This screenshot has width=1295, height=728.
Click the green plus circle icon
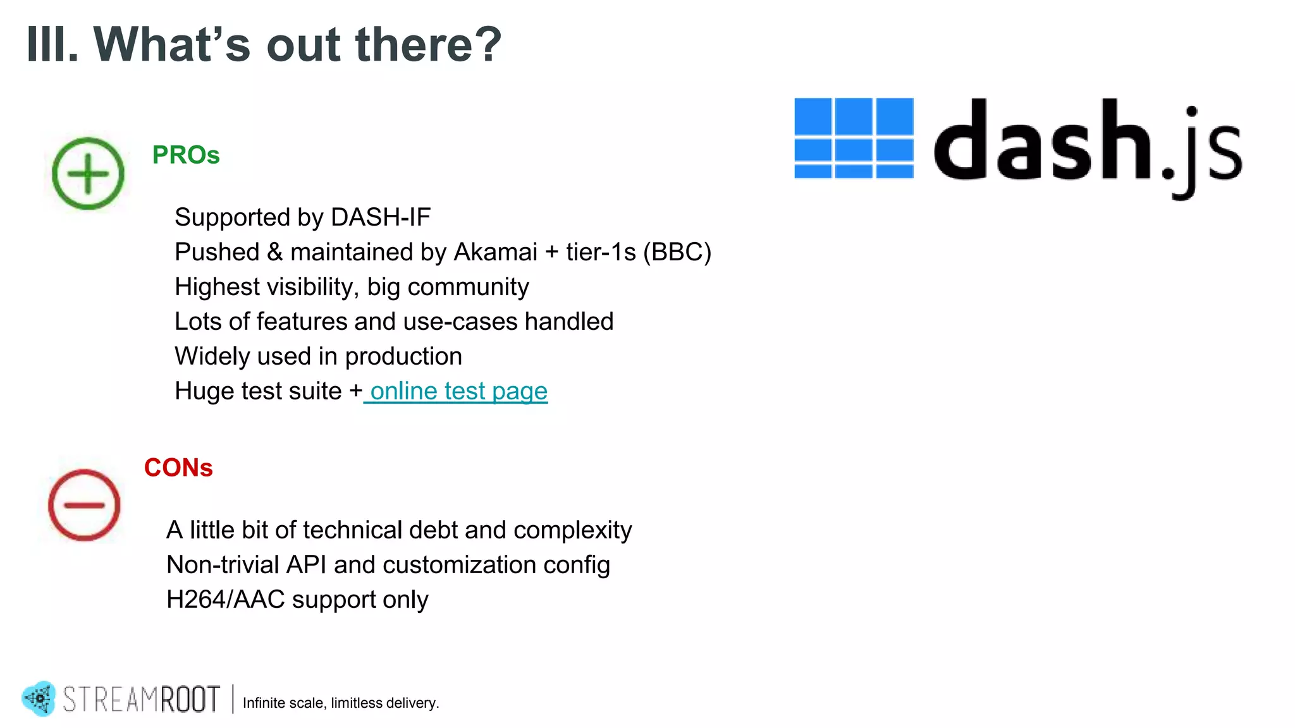coord(88,173)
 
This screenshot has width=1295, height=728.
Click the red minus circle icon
coord(84,504)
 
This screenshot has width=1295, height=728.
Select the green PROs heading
coord(186,155)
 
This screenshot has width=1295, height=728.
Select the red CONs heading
coord(178,468)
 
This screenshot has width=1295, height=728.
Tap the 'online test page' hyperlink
coord(458,391)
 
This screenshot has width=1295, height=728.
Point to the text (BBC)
coord(677,252)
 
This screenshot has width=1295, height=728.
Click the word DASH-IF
coord(380,217)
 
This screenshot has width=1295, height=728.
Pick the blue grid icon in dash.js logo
coord(854,138)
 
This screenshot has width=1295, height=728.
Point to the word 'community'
coord(468,288)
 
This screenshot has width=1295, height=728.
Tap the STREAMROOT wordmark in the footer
coord(142,700)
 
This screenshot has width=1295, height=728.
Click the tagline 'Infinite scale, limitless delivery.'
coord(341,703)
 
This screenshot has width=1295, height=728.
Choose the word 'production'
coord(403,357)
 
